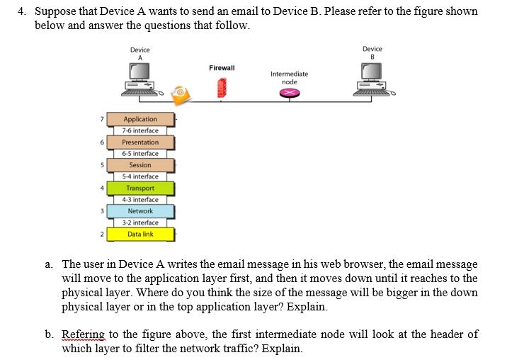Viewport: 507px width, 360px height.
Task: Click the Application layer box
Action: click(x=140, y=119)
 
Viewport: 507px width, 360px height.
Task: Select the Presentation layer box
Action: click(x=140, y=142)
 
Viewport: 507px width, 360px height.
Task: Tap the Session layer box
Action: click(x=140, y=165)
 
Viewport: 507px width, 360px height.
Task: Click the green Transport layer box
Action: click(x=140, y=188)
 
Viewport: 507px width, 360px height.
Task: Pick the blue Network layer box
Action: click(x=140, y=211)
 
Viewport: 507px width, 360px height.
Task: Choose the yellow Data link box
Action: click(x=140, y=234)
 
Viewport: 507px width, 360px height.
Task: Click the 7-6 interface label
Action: click(x=140, y=130)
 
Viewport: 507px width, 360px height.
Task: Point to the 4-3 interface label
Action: click(x=140, y=200)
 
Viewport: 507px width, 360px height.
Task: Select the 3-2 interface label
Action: click(x=140, y=223)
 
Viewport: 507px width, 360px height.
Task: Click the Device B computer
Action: click(x=372, y=77)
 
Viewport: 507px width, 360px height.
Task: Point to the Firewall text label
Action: click(x=222, y=67)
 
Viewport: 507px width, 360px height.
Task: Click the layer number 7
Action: click(x=102, y=119)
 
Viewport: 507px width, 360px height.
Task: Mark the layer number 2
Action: click(x=102, y=234)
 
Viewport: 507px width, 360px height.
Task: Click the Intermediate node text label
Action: click(x=289, y=77)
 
